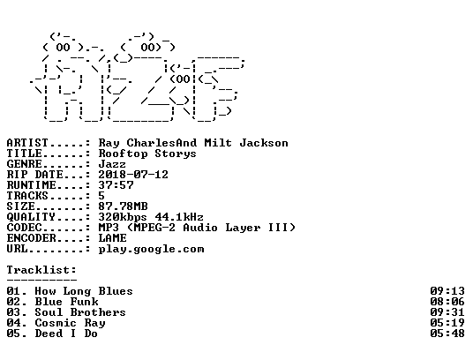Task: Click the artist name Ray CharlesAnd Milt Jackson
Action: pos(193,143)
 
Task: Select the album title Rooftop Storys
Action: pos(147,154)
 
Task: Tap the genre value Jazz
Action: pos(112,164)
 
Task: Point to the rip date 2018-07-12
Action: pos(133,175)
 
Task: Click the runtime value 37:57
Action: pos(116,185)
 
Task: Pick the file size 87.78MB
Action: pos(123,206)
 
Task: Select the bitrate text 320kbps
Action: pos(123,217)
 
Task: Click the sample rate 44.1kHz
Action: pos(179,217)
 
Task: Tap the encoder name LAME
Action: pos(112,238)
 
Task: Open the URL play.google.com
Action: pos(151,250)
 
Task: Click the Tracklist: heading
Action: pos(41,270)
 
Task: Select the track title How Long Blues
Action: pos(84,291)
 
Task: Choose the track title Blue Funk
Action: pos(66,302)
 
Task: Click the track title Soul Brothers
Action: pos(80,312)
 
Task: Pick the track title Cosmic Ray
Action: pos(70,323)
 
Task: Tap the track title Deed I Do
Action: pos(66,334)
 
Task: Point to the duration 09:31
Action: pos(447,312)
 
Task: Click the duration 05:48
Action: pos(447,334)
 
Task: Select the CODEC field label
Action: pos(24,228)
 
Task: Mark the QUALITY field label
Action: pos(31,217)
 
